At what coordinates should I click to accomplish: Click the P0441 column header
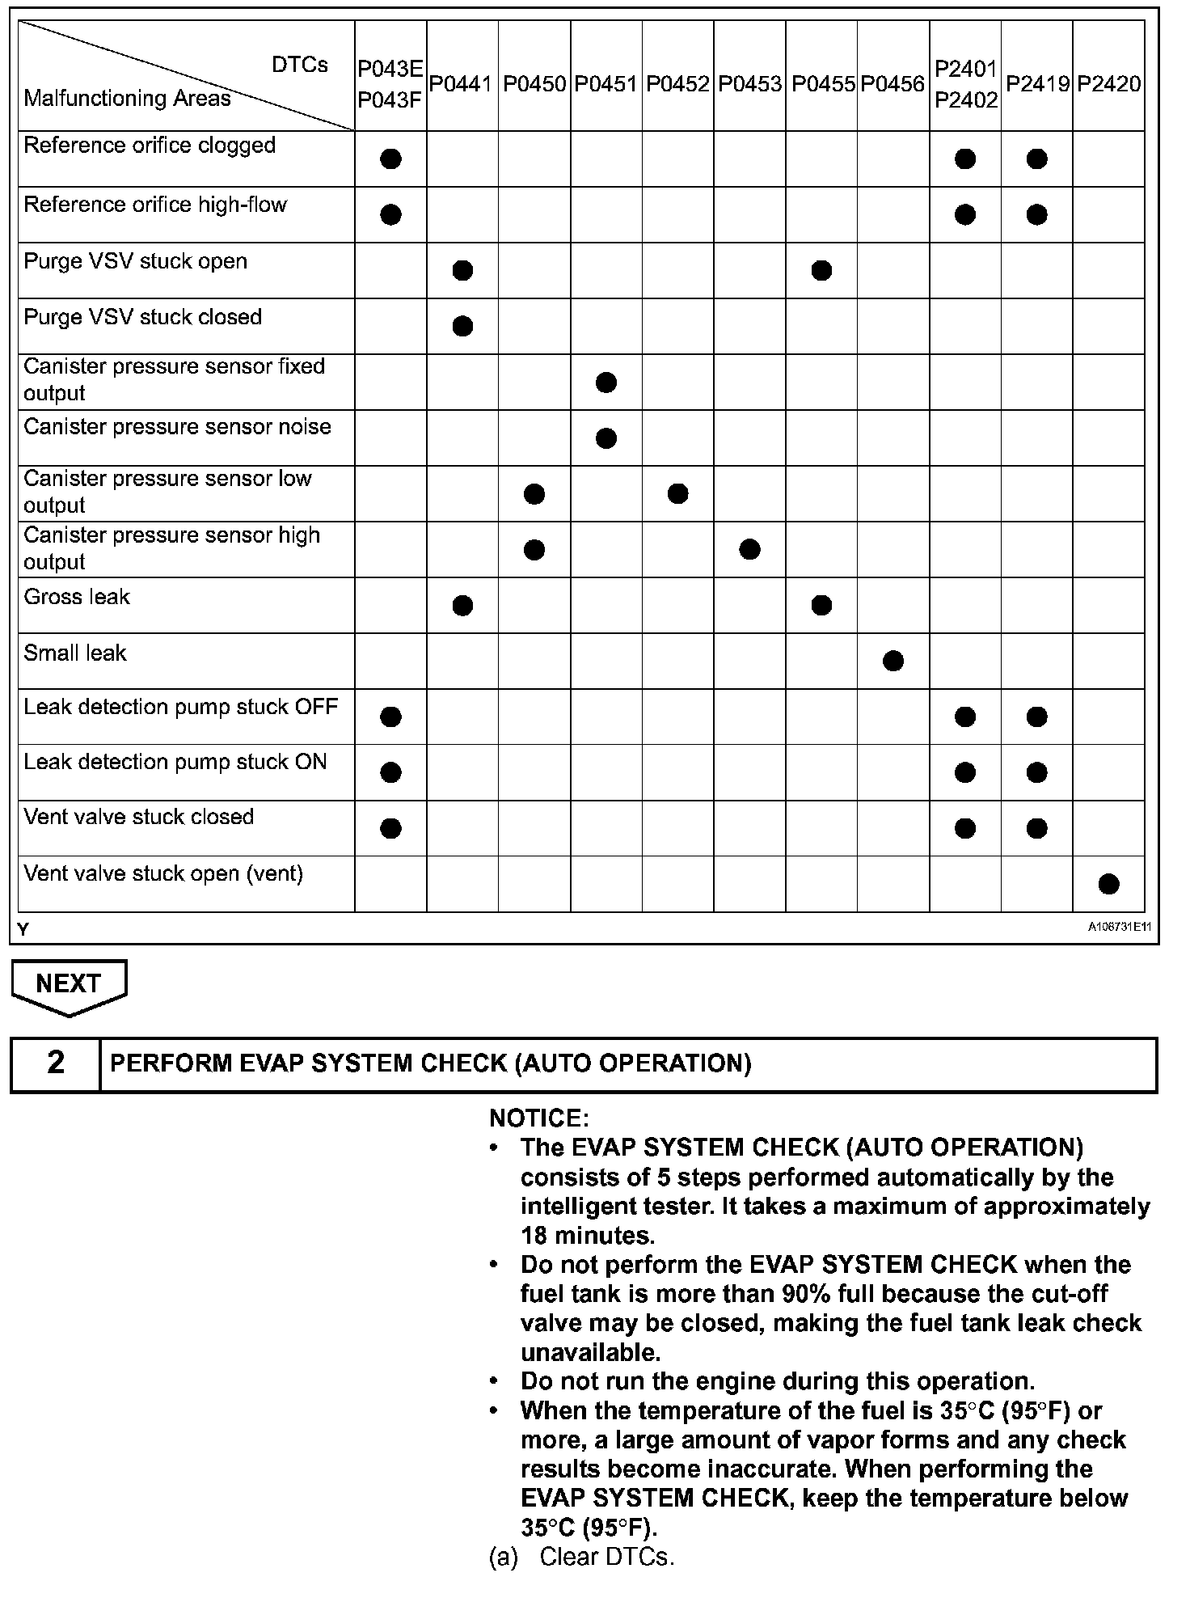[461, 84]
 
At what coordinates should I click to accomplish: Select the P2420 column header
[1108, 84]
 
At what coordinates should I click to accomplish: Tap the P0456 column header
[892, 84]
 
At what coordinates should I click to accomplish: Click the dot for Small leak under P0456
[893, 662]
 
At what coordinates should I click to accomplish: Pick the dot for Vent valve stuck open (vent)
[1109, 884]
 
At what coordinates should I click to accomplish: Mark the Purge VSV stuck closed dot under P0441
[462, 327]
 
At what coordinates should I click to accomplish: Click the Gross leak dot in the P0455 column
[821, 605]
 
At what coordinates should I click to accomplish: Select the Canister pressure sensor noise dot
[606, 438]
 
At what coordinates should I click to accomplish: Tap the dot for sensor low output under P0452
[678, 493]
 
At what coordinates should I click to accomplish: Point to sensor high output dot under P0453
[749, 550]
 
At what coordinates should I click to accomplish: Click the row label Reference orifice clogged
[150, 146]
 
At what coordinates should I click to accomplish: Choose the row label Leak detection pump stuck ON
[175, 762]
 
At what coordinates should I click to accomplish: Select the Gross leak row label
[77, 597]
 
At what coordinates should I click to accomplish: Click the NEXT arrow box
[69, 984]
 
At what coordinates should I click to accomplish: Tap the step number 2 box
[55, 1062]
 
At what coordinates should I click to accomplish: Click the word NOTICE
[539, 1118]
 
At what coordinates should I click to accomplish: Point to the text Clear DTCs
[606, 1557]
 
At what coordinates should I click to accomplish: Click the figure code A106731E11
[1119, 928]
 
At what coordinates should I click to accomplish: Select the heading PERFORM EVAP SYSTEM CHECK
[430, 1063]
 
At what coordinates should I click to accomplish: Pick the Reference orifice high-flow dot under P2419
[1037, 214]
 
